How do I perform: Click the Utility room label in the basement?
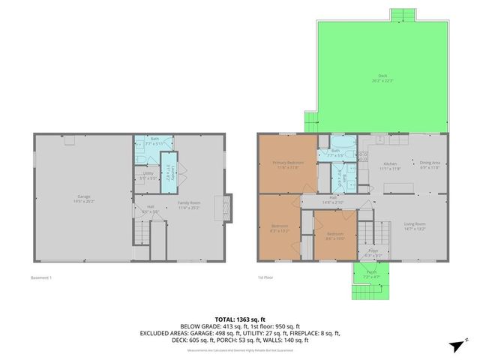tap(147, 176)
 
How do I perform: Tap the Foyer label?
tap(373, 253)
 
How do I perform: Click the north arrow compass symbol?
tap(454, 345)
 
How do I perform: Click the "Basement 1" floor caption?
tap(41, 278)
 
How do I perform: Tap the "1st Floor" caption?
tap(265, 278)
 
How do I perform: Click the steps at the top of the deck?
tap(402, 16)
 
